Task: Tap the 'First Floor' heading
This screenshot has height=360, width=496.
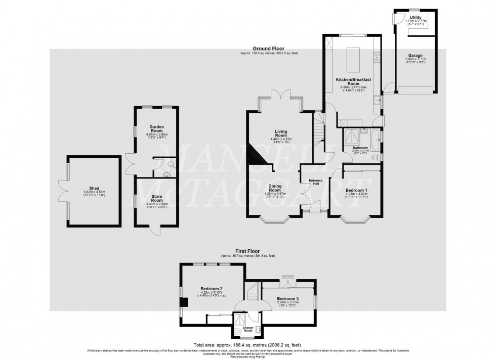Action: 247,250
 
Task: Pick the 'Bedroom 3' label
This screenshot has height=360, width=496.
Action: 287,299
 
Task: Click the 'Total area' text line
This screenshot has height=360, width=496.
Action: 247,343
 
